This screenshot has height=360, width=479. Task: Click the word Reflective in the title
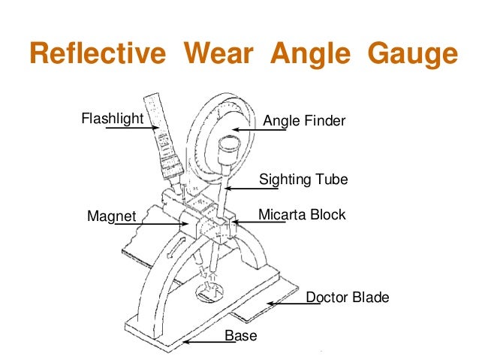click(98, 55)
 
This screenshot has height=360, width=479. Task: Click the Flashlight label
click(112, 118)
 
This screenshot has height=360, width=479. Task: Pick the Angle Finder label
click(304, 120)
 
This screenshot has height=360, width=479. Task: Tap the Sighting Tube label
click(304, 180)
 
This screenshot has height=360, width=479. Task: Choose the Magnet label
click(112, 217)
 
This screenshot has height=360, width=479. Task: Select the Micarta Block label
click(302, 215)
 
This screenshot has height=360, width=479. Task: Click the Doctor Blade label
click(348, 298)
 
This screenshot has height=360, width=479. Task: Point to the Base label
click(241, 336)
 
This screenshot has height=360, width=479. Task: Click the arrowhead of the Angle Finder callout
click(233, 129)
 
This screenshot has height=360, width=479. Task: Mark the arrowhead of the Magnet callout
click(188, 223)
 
